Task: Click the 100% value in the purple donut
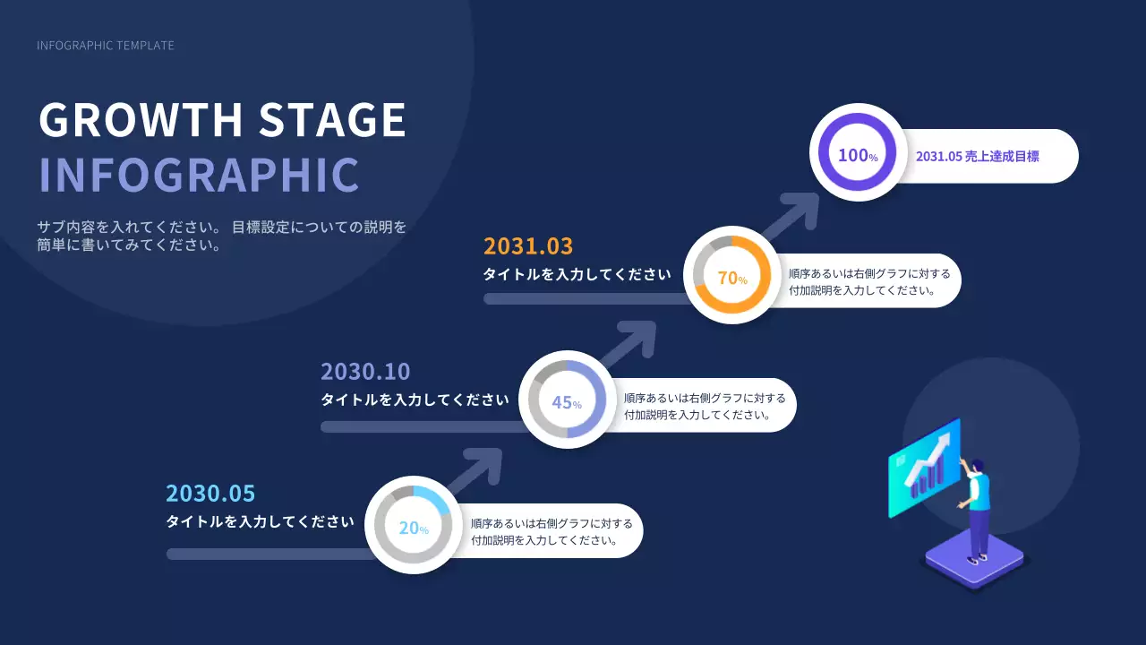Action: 858,155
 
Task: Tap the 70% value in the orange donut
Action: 732,278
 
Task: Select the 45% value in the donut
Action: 567,402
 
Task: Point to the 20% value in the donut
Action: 414,528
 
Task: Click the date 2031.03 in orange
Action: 528,246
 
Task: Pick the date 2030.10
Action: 365,372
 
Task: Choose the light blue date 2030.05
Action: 210,494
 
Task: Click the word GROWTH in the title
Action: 141,119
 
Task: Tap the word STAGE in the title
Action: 332,119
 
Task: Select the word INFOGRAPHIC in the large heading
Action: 199,175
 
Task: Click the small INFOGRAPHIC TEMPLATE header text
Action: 106,46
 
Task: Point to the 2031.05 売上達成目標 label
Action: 977,156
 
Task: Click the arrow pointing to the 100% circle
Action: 791,215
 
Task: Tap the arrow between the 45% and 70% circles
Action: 629,343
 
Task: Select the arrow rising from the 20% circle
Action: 475,470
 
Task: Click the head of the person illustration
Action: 977,467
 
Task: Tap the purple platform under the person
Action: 975,561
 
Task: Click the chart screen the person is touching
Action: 925,468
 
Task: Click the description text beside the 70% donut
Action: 869,282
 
